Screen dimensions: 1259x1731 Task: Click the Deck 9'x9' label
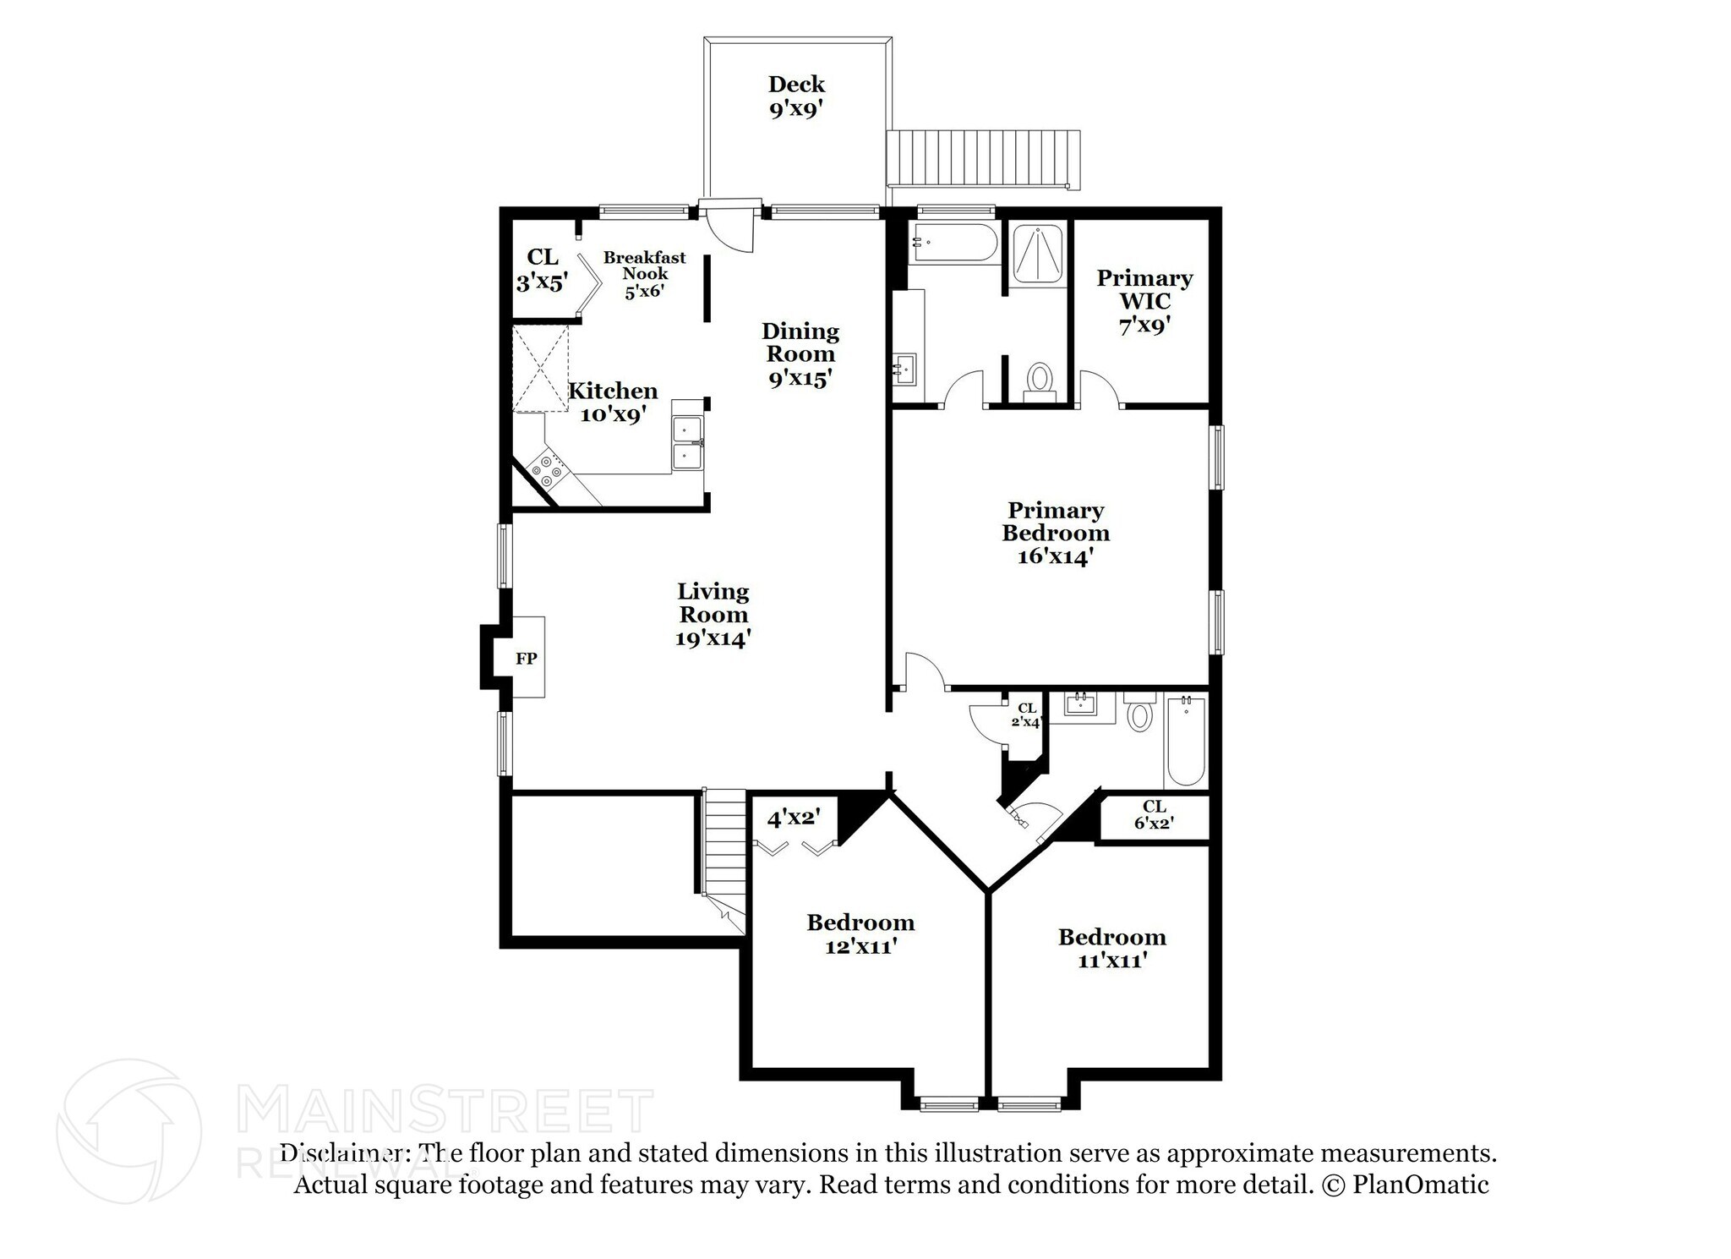(796, 97)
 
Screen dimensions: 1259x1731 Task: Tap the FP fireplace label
(527, 659)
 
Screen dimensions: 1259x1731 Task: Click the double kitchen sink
(688, 443)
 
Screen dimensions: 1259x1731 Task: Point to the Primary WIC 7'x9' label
(1144, 301)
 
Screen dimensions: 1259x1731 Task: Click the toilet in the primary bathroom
(1039, 381)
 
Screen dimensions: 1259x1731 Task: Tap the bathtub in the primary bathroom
(953, 243)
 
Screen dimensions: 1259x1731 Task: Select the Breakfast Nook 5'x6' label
(644, 274)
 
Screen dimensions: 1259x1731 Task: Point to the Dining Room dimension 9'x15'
(800, 378)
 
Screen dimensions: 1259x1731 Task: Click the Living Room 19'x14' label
(713, 615)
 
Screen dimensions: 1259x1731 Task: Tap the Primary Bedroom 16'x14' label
(1056, 533)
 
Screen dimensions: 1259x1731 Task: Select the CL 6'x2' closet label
(1154, 815)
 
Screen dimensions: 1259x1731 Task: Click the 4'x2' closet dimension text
(793, 818)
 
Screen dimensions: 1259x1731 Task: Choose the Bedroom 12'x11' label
(860, 933)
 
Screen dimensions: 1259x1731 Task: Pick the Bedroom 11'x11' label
(1111, 948)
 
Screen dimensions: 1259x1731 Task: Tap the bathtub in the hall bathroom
(1186, 741)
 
